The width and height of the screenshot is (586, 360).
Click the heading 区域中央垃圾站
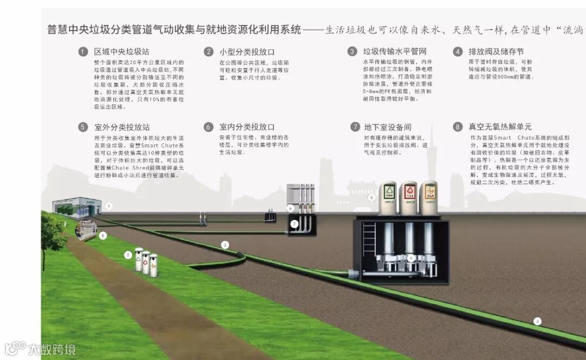pyautogui.click(x=122, y=52)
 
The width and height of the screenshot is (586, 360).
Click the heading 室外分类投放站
pyautogui.click(x=122, y=127)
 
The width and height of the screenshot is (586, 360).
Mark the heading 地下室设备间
pyautogui.click(x=388, y=127)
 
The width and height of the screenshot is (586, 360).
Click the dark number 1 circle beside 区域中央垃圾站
pyautogui.click(x=83, y=52)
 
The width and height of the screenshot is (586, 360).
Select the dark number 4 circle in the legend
pyautogui.click(x=458, y=52)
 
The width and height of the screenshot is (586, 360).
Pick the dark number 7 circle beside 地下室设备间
pyautogui.click(x=355, y=127)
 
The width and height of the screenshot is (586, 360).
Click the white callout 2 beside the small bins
pyautogui.click(x=128, y=255)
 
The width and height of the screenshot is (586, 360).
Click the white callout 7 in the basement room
pyautogui.click(x=294, y=223)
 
